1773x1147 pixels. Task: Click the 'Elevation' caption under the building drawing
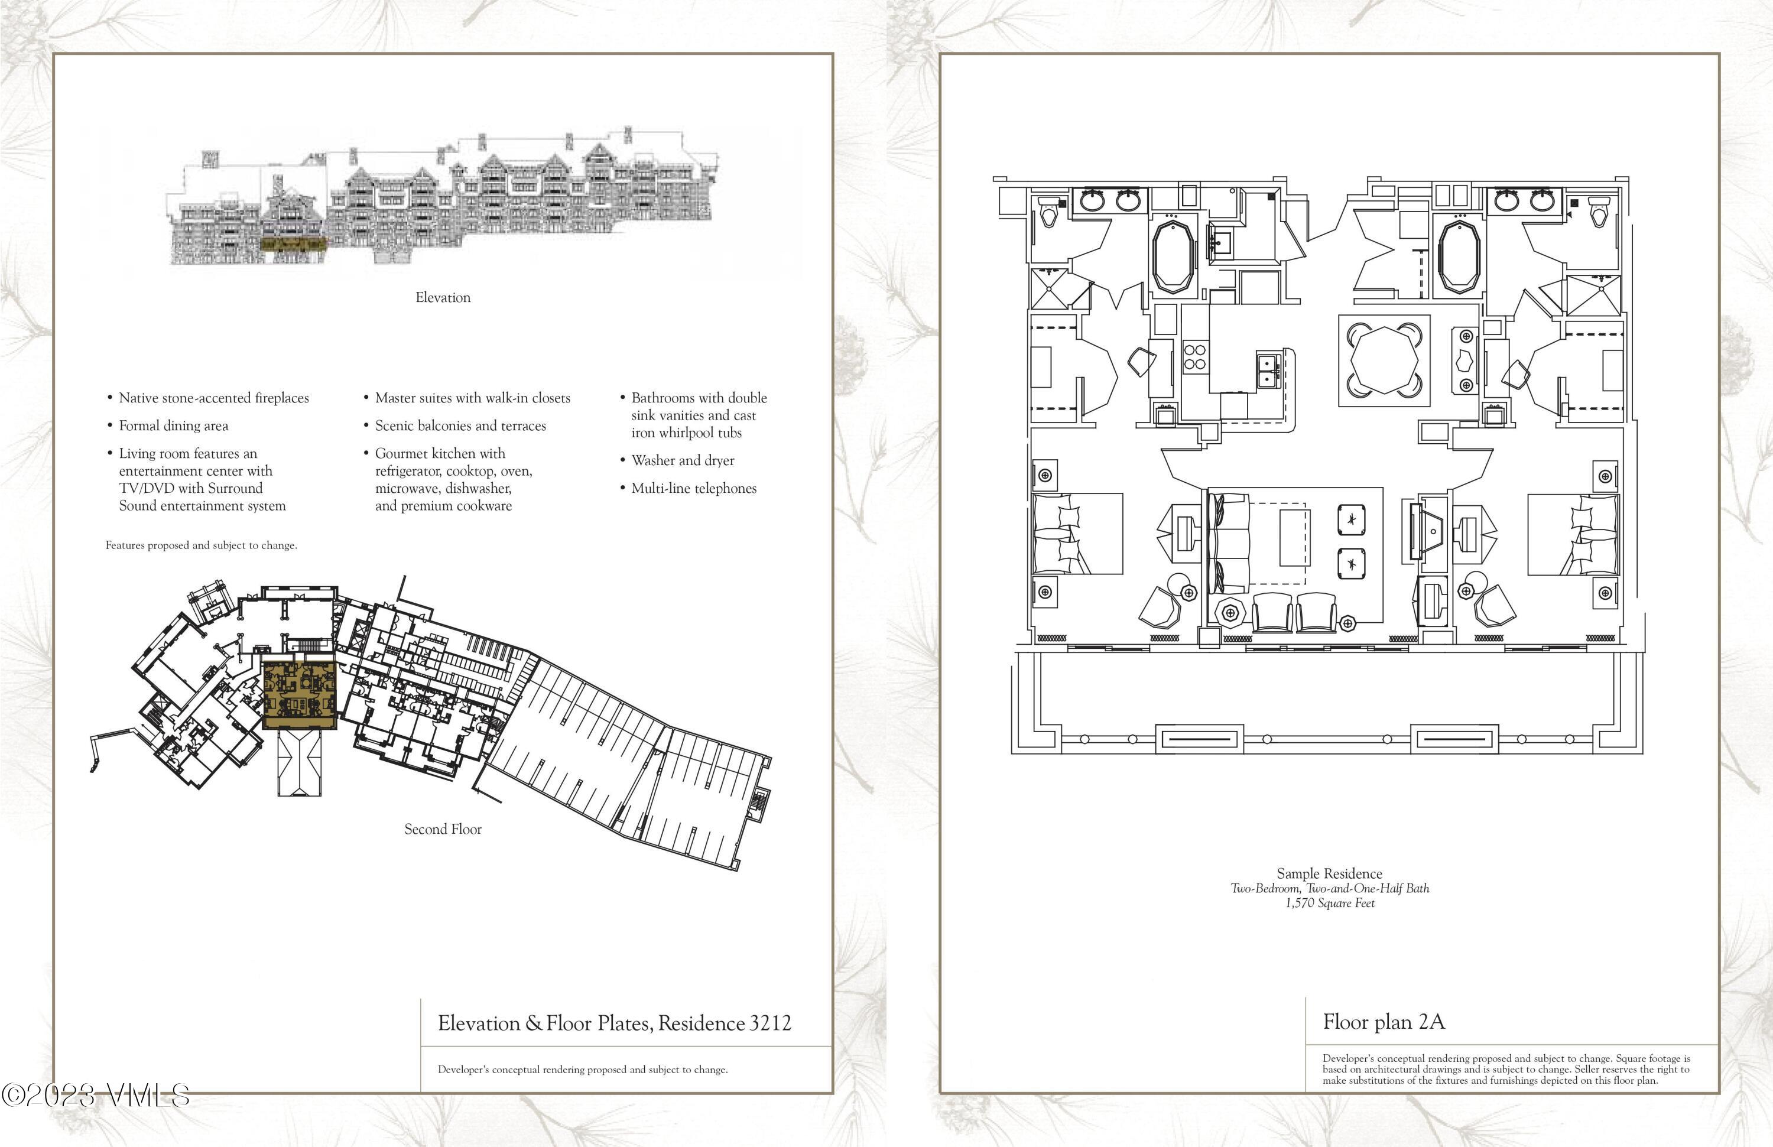(443, 297)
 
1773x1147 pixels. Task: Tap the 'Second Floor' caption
(443, 829)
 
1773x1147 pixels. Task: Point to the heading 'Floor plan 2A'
(1384, 1022)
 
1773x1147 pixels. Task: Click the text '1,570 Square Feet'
(1330, 904)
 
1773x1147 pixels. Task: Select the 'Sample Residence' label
(1330, 873)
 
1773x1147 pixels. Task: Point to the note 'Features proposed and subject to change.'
(201, 545)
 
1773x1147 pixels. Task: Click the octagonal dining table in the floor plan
(1384, 360)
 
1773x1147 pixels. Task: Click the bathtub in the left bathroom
(1175, 258)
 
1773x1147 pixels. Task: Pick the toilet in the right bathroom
(1598, 212)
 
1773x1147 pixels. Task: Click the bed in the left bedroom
(1078, 533)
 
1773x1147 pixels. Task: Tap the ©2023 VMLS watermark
(95, 1095)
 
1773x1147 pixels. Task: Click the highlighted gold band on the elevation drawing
(294, 243)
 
